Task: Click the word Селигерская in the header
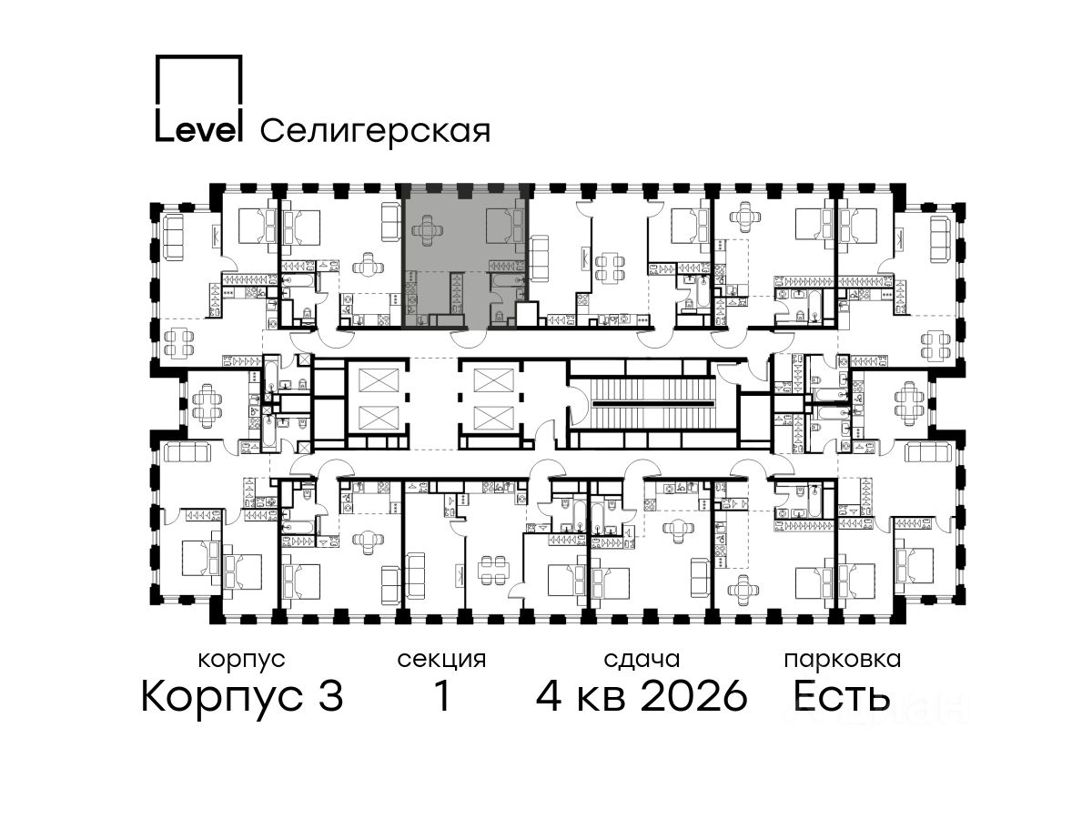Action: point(376,131)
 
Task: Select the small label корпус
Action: point(241,661)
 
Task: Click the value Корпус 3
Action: point(242,696)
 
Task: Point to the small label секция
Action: point(441,661)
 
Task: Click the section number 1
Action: point(441,696)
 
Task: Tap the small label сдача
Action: point(642,661)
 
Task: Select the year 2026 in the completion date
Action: point(694,696)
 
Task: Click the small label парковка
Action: point(843,661)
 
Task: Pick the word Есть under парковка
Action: point(841,696)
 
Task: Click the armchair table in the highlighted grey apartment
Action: point(428,230)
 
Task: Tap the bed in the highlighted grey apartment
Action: point(504,227)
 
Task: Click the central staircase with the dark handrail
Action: point(652,403)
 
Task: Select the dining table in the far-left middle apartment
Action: point(206,404)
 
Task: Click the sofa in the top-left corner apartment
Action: point(173,238)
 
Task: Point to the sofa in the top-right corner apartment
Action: point(941,239)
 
